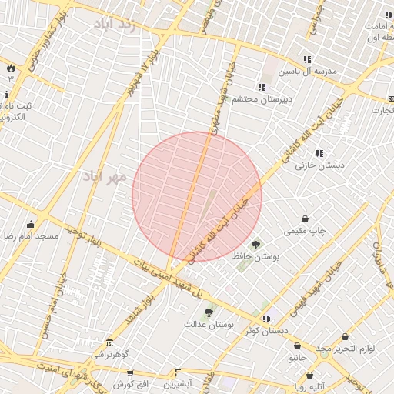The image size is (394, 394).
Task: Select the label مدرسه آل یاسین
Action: pos(308,71)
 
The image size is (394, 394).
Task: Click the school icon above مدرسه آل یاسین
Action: pos(307,59)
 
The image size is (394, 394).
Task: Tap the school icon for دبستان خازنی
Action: pos(319,153)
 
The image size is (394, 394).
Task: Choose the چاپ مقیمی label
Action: pos(306,231)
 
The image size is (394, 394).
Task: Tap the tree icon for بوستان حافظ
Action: pos(255,245)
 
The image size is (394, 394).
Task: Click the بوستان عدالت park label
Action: pos(209,324)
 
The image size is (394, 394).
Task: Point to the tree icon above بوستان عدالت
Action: pos(209,312)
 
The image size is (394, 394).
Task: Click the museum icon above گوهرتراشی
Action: pos(110,342)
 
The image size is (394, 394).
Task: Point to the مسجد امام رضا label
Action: pos(31,235)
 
